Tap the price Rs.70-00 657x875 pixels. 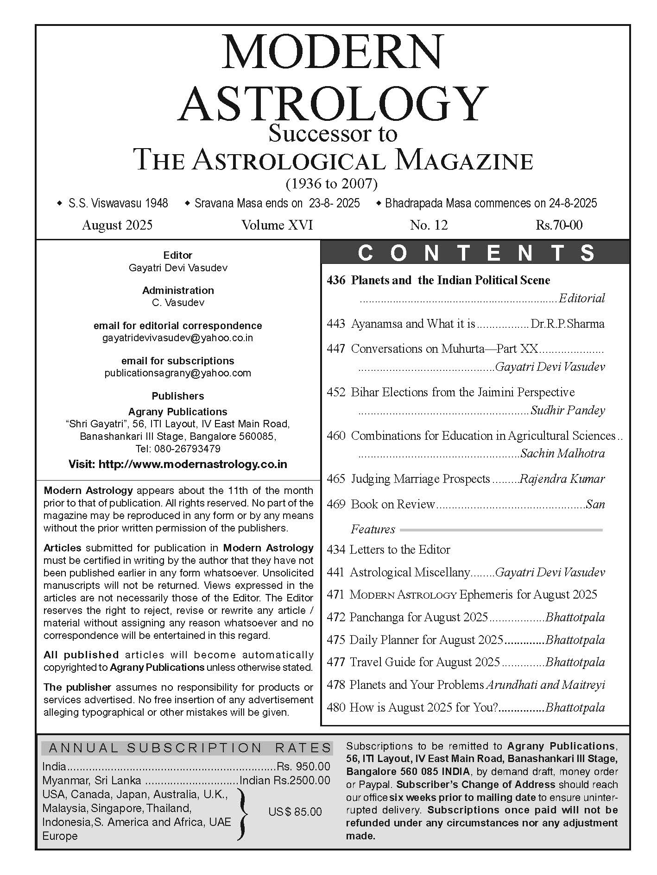[x=559, y=225]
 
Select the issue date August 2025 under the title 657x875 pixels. [x=117, y=225]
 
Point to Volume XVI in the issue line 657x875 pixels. [x=277, y=225]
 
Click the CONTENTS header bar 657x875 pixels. [x=475, y=253]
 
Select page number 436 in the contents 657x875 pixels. [x=336, y=280]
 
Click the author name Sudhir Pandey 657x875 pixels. [x=568, y=410]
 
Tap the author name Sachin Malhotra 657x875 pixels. [x=562, y=453]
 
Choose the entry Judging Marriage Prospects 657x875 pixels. [x=420, y=479]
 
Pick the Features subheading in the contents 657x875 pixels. [x=373, y=529]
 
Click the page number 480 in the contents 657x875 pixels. [x=336, y=707]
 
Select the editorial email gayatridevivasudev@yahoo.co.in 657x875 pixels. [x=178, y=337]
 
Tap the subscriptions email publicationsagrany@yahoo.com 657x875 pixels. [x=178, y=373]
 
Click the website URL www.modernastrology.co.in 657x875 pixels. [x=193, y=464]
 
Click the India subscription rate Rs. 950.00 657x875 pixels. [x=303, y=767]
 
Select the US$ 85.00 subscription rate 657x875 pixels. [x=295, y=812]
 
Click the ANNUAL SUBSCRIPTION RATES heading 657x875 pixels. [x=190, y=748]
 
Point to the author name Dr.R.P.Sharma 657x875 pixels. [x=568, y=324]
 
